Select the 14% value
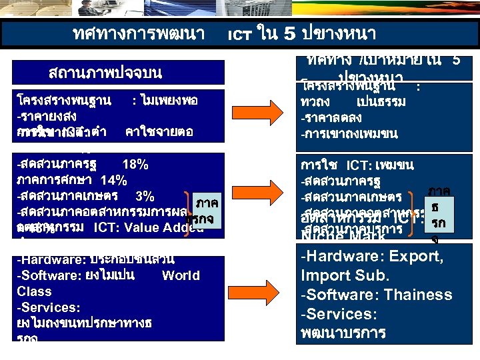click(113, 180)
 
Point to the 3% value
click(145, 196)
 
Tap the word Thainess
click(411, 295)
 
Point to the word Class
click(34, 291)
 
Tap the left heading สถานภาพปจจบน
click(105, 72)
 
